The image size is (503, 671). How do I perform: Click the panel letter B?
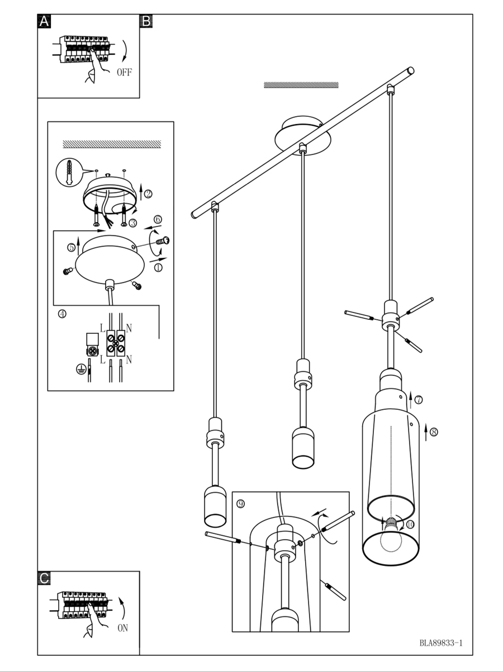146,21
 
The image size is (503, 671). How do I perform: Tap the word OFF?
124,72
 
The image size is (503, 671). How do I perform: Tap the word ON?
123,628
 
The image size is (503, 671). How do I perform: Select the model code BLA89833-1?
441,643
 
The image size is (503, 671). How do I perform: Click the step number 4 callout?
62,314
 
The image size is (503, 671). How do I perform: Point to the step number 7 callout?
419,399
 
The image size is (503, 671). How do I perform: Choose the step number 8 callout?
434,431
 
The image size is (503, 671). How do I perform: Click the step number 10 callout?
410,524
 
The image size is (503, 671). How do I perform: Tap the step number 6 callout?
158,219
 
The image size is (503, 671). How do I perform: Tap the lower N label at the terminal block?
129,358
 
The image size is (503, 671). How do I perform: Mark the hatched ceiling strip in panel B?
301,85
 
